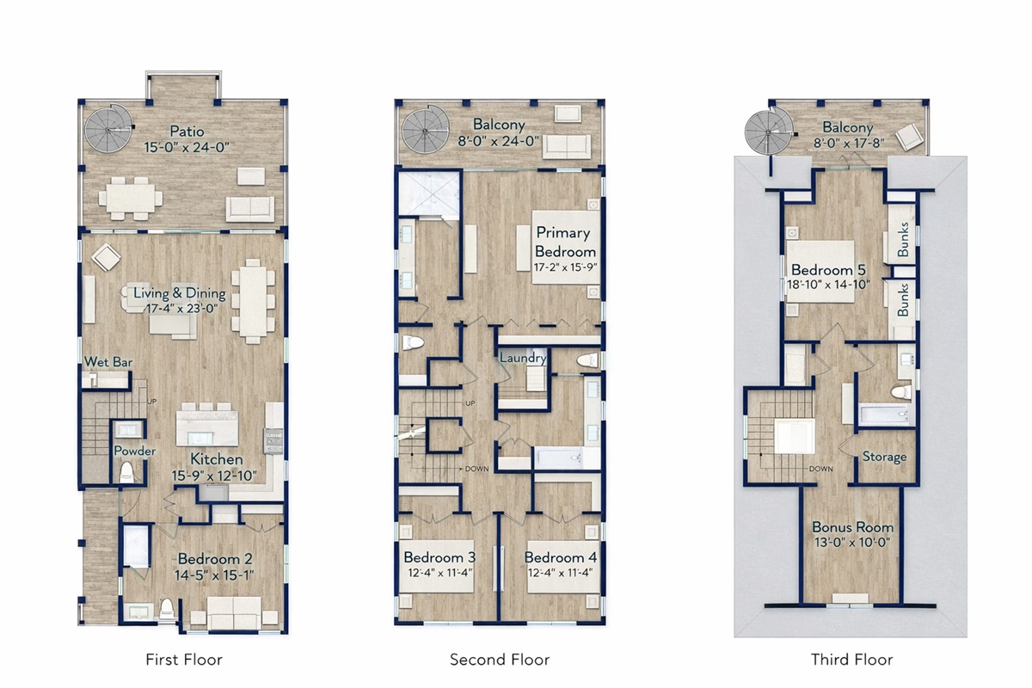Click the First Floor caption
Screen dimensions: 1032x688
[x=184, y=660]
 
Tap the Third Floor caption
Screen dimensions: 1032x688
[x=852, y=660]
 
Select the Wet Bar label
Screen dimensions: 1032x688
[x=108, y=362]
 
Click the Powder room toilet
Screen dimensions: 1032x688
[x=126, y=473]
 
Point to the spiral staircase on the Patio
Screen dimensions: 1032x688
[x=108, y=128]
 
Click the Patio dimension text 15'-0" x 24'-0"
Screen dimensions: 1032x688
[x=187, y=147]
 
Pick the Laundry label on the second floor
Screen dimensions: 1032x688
[x=523, y=358]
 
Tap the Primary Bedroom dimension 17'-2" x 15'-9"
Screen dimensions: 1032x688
[x=565, y=267]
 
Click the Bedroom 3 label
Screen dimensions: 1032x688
[x=439, y=557]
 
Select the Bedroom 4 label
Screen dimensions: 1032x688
[x=560, y=557]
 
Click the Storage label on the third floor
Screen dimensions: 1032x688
[x=885, y=457]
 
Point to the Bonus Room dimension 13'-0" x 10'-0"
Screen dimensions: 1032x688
[x=852, y=543]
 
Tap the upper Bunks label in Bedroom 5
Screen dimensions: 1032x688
[x=903, y=239]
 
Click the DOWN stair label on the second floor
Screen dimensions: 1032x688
[x=476, y=469]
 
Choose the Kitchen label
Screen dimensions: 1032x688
[x=217, y=459]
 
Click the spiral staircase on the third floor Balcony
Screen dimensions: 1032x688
[x=770, y=132]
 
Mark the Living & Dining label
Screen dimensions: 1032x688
[x=180, y=293]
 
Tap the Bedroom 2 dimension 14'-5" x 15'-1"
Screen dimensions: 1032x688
[x=214, y=575]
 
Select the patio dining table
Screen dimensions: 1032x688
[x=131, y=198]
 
